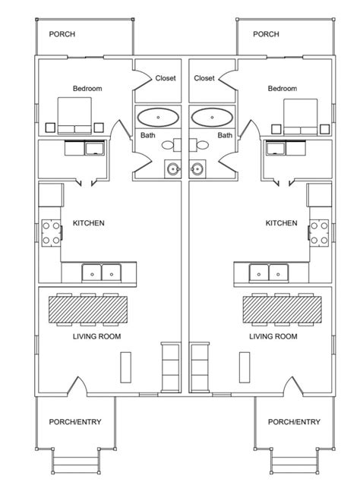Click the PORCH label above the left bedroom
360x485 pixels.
pos(62,34)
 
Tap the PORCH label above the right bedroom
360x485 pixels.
pos(266,34)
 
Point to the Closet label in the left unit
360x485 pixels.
pos(166,78)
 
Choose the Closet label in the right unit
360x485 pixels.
pos(204,78)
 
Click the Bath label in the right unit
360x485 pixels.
pos(225,136)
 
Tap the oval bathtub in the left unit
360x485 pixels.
pos(158,118)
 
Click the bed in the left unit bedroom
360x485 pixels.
pos(75,115)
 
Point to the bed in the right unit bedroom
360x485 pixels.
pos(300,115)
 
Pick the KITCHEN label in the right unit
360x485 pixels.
pos(281,223)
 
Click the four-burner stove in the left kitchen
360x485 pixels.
pos(51,233)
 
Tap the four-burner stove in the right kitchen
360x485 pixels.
pos(318,233)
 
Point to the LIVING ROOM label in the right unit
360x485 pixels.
pos(273,336)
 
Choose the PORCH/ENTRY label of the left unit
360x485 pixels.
pos(76,423)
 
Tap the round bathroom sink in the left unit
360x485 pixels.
pos(172,168)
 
